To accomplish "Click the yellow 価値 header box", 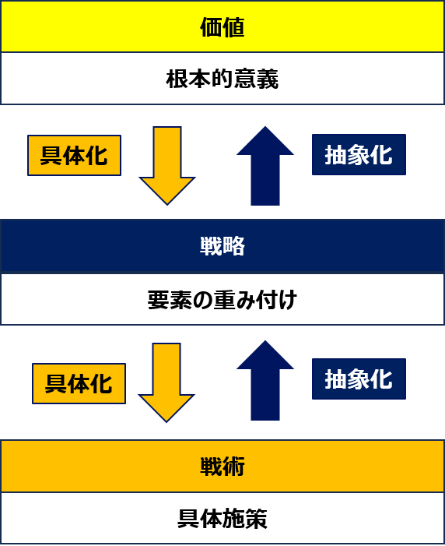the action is (223, 26).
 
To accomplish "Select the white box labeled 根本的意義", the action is (223, 79).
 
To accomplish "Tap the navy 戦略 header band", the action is (223, 245).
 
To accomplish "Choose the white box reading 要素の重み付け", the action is (223, 299).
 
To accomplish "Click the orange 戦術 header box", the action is (223, 466).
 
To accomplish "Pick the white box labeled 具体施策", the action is (223, 518).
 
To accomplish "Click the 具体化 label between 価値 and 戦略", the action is (74, 155).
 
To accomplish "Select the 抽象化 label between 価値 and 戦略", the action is (359, 154).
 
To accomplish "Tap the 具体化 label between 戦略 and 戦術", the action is (79, 384).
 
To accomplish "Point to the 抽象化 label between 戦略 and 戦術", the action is (359, 379).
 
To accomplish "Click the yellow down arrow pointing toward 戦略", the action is (167, 166).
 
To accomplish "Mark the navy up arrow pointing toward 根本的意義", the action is (265, 166).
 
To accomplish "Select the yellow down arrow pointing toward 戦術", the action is (166, 382).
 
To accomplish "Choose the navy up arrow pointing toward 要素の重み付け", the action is (265, 380).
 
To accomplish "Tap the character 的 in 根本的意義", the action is (223, 79).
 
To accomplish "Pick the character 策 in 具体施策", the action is (256, 519).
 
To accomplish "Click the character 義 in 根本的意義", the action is (267, 79).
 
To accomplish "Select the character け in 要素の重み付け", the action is (287, 300).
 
